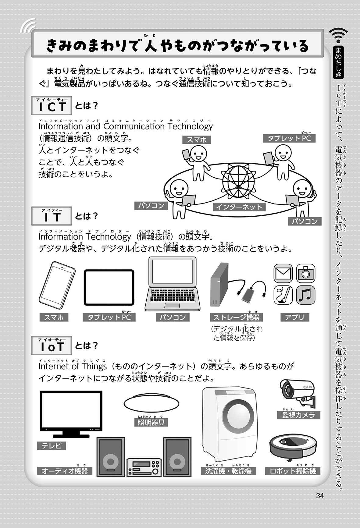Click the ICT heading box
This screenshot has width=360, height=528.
pyautogui.click(x=52, y=106)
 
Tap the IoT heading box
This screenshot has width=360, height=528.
pyautogui.click(x=52, y=346)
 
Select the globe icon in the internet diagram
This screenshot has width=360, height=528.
pyautogui.click(x=238, y=182)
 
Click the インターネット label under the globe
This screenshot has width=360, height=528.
pyautogui.click(x=239, y=207)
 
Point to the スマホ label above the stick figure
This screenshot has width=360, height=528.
pyautogui.click(x=197, y=140)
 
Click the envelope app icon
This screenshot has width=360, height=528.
pyautogui.click(x=283, y=273)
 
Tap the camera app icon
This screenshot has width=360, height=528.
pyautogui.click(x=306, y=273)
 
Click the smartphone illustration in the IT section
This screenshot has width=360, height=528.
pyautogui.click(x=57, y=285)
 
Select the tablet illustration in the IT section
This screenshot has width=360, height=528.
pyautogui.click(x=109, y=287)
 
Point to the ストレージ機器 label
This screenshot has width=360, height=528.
pyautogui.click(x=236, y=317)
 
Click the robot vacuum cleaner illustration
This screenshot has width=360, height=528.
pyautogui.click(x=293, y=447)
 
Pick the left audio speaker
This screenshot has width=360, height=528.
pyautogui.click(x=111, y=457)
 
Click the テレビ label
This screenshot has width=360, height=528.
pyautogui.click(x=52, y=446)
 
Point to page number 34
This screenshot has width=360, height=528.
pyautogui.click(x=320, y=496)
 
